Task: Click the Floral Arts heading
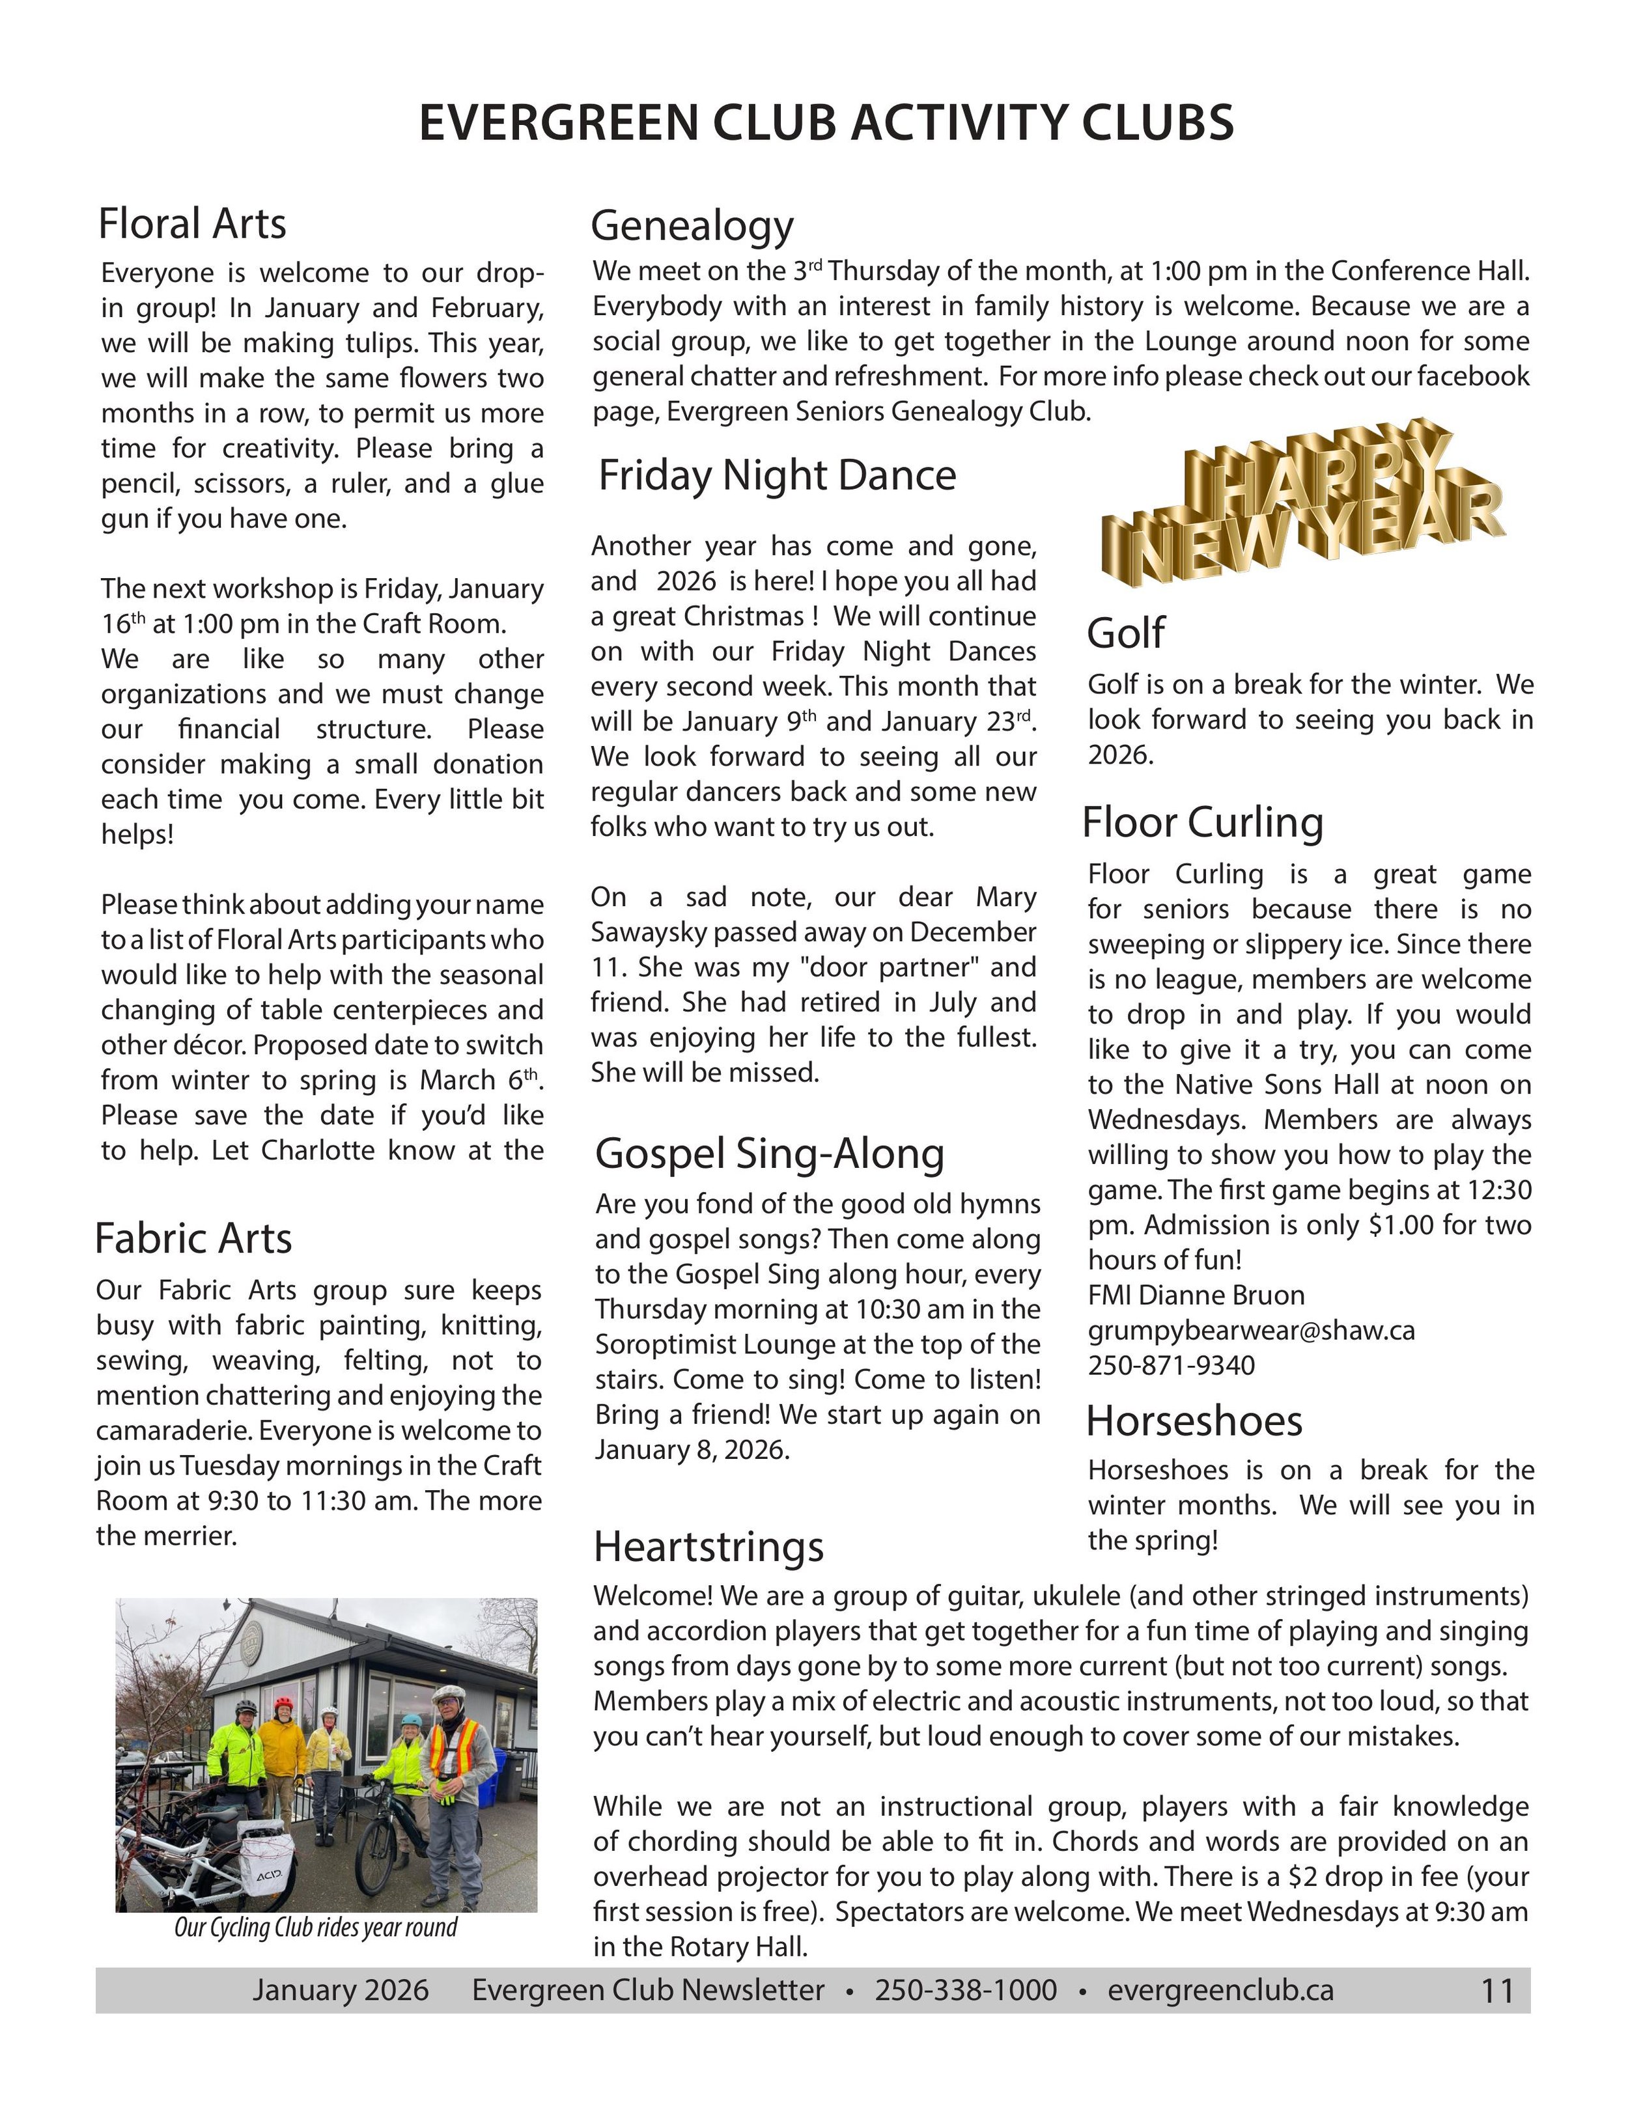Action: (192, 224)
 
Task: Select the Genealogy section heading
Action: (692, 226)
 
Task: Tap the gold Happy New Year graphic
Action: (1302, 501)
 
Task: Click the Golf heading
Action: (1125, 633)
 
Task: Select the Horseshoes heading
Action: (1193, 1420)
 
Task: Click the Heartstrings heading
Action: (708, 1545)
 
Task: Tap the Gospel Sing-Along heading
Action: (768, 1154)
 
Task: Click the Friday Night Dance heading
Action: (776, 475)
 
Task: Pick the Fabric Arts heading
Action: (193, 1239)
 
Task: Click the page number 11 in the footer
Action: (1497, 1991)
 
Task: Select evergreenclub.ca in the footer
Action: (1220, 1990)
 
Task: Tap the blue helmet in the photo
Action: (412, 1721)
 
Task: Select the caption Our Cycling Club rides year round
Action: (315, 1928)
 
